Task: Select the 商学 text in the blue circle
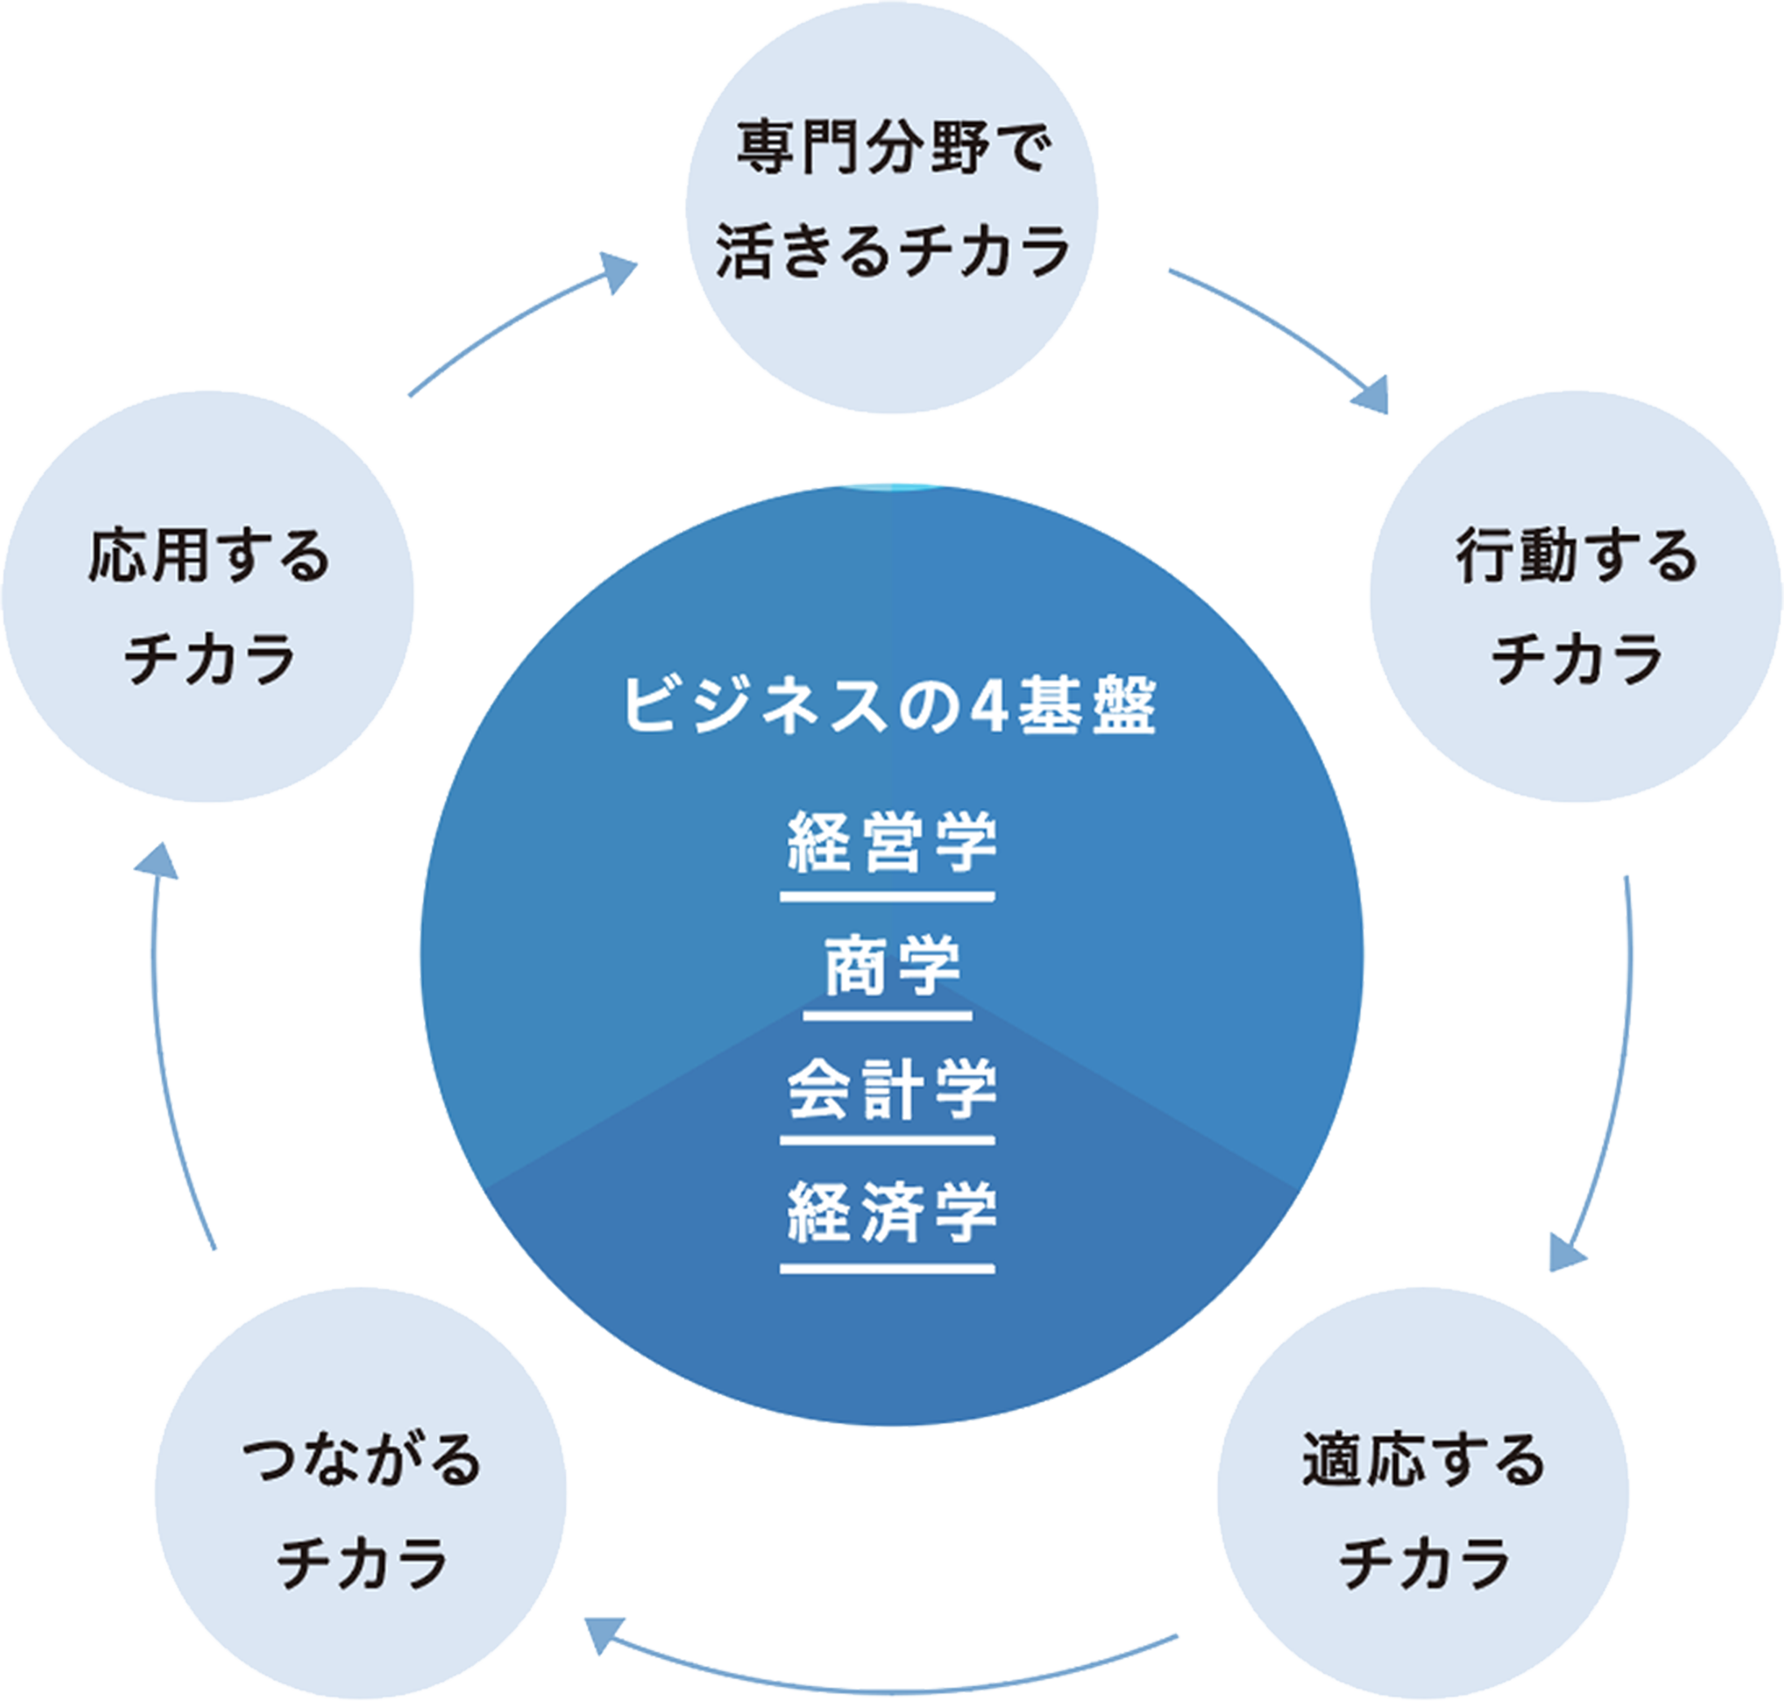(891, 966)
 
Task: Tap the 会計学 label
(891, 1088)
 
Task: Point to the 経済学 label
(891, 1212)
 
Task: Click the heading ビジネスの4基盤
(890, 706)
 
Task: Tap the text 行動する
(1576, 555)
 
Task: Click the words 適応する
(1423, 1460)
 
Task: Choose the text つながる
(361, 1460)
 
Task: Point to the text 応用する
(208, 555)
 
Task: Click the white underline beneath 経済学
(887, 1269)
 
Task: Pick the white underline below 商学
(887, 1016)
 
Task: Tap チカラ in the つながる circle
(361, 1563)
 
